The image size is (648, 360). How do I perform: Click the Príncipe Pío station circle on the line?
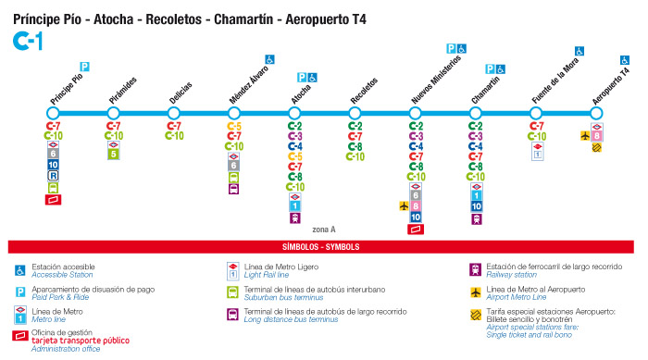pyautogui.click(x=54, y=114)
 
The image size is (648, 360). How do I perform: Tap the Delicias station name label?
pyautogui.click(x=181, y=91)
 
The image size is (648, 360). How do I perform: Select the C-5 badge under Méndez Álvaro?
pyautogui.click(x=234, y=126)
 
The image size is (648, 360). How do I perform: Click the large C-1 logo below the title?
pyautogui.click(x=27, y=40)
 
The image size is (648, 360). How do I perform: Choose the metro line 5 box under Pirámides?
pyautogui.click(x=114, y=155)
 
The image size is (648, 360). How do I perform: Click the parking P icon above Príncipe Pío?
pyautogui.click(x=84, y=67)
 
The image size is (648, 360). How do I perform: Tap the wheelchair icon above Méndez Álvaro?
pyautogui.click(x=269, y=59)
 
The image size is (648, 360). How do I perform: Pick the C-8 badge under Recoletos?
pyautogui.click(x=355, y=146)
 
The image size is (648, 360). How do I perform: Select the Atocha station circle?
pyautogui.click(x=295, y=114)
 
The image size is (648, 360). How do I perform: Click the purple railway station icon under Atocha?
pyautogui.click(x=295, y=218)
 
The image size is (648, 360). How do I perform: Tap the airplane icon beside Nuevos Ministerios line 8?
pyautogui.click(x=403, y=205)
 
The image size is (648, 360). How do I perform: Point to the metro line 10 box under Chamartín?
pyautogui.click(x=476, y=206)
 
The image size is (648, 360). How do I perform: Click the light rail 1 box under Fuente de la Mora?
pyautogui.click(x=536, y=155)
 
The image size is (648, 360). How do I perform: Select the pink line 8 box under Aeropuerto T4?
pyautogui.click(x=597, y=135)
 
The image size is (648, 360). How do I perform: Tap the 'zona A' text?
pyautogui.click(x=324, y=229)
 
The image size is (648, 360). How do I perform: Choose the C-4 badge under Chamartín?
pyautogui.click(x=476, y=146)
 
